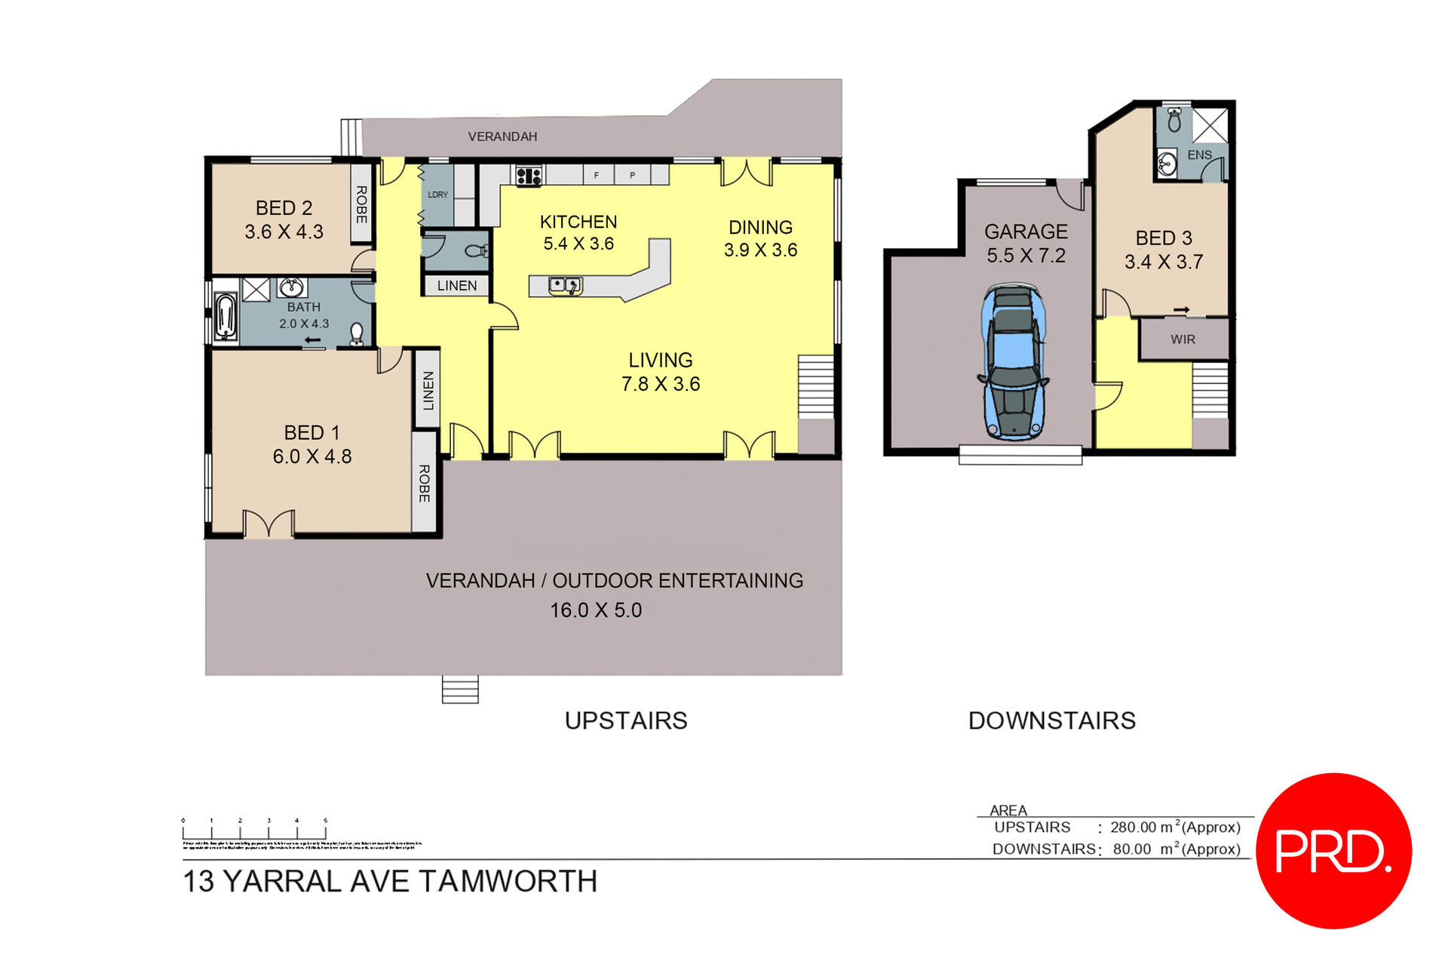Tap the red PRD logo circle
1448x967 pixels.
(x=1333, y=850)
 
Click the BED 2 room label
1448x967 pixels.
(x=284, y=207)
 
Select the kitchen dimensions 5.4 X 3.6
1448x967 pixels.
(x=578, y=244)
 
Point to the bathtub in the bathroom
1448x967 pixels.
(x=225, y=315)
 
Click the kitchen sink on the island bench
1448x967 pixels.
(x=564, y=285)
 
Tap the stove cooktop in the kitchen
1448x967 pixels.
(x=529, y=177)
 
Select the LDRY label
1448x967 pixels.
(x=437, y=195)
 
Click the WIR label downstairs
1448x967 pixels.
(x=1183, y=339)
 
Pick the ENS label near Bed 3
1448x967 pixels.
(x=1199, y=155)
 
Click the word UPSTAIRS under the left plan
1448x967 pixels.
(x=626, y=720)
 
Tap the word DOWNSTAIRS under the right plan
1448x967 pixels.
(x=1051, y=720)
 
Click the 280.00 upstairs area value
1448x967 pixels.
(x=1133, y=827)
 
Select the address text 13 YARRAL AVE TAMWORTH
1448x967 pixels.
(x=390, y=881)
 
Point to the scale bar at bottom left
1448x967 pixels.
(x=254, y=830)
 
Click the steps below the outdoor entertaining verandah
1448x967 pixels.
(x=460, y=689)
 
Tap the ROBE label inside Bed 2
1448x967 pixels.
(x=361, y=204)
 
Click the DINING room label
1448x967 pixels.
(x=760, y=227)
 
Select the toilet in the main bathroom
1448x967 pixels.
(x=357, y=332)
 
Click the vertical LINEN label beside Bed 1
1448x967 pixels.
(x=428, y=390)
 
